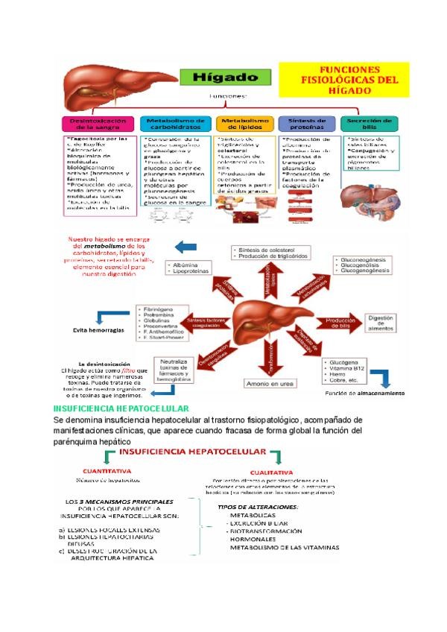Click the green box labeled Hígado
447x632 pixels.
(x=221, y=77)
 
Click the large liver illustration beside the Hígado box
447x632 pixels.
(x=115, y=79)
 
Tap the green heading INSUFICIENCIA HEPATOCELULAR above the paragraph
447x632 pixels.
(x=122, y=408)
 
